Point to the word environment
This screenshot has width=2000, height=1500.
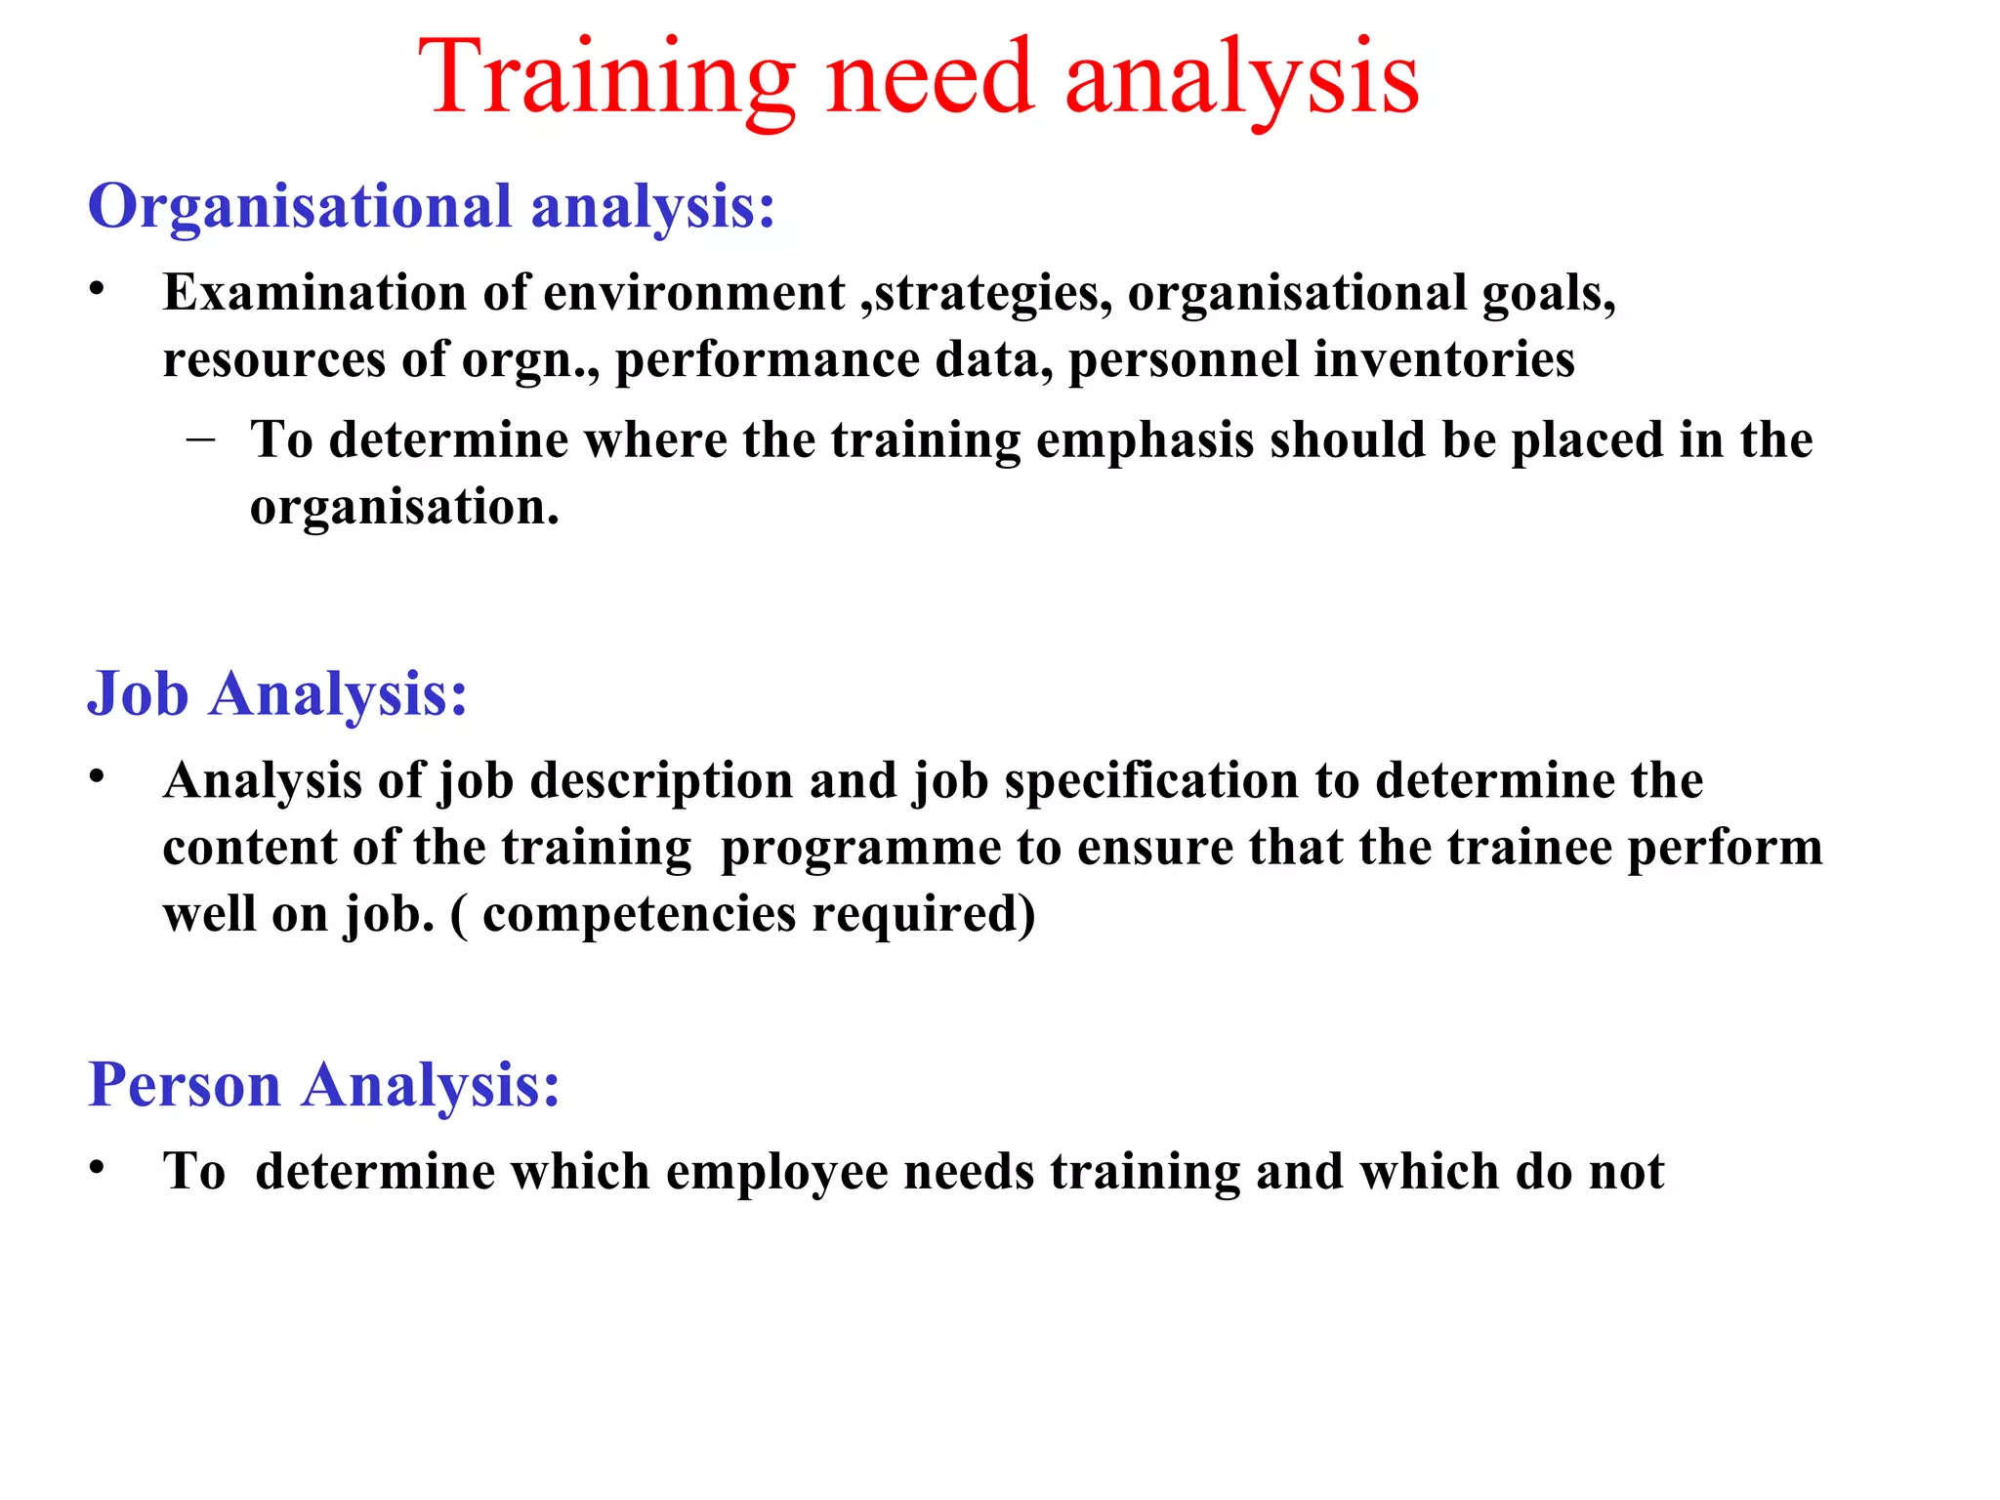point(693,292)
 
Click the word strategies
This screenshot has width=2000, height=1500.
point(986,294)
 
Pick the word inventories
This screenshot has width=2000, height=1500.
point(1443,358)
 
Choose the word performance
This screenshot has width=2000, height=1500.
point(767,360)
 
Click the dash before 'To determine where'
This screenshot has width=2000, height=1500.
point(201,438)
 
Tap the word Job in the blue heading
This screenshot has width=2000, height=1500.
point(138,694)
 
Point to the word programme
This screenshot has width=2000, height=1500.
point(859,848)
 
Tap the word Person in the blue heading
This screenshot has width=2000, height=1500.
point(185,1085)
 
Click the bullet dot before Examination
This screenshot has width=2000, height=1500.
point(96,289)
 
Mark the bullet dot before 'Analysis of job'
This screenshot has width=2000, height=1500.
point(96,777)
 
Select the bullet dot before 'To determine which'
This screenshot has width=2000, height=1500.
point(96,1168)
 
